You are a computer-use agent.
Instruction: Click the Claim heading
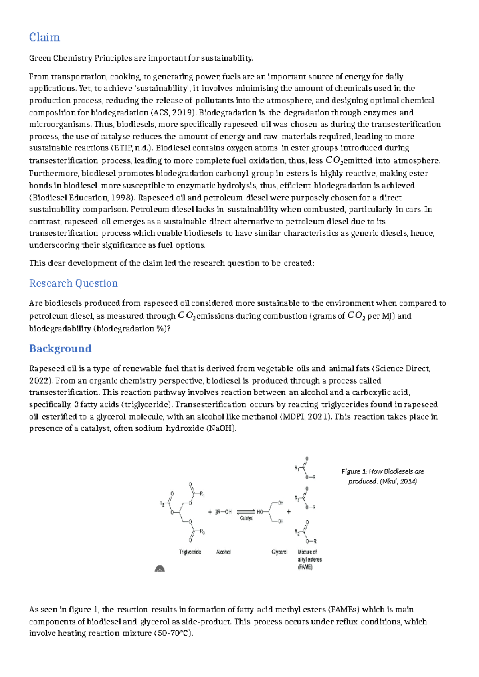pyautogui.click(x=44, y=38)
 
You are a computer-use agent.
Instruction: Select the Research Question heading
pyautogui.click(x=73, y=283)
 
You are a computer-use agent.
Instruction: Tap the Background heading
pyautogui.click(x=60, y=349)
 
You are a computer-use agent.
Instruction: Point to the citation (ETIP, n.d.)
pyautogui.click(x=132, y=148)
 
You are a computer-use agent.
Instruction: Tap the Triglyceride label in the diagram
pyautogui.click(x=190, y=552)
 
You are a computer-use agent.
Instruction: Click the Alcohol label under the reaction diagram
pyautogui.click(x=223, y=552)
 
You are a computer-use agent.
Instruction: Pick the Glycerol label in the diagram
pyautogui.click(x=279, y=552)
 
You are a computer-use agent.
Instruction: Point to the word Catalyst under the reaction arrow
pyautogui.click(x=247, y=518)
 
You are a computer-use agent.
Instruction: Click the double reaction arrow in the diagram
pyautogui.click(x=245, y=512)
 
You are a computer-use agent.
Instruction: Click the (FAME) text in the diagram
pyautogui.click(x=305, y=567)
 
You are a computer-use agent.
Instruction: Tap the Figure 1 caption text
pyautogui.click(x=382, y=476)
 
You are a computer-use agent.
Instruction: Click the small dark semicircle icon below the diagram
pyautogui.click(x=160, y=568)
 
